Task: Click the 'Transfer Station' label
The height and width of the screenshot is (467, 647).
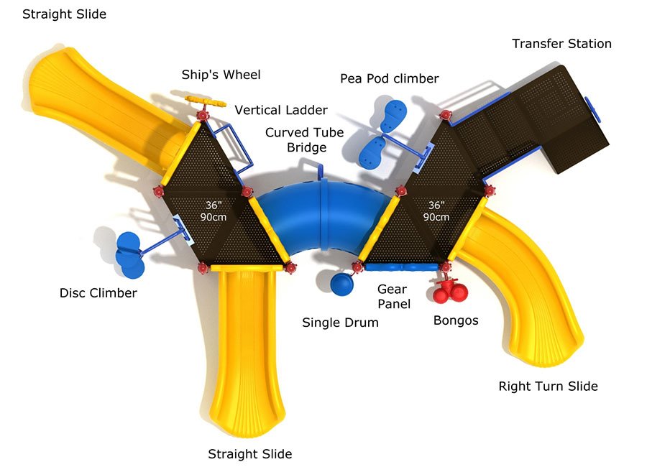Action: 561,44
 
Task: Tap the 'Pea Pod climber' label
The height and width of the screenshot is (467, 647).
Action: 389,78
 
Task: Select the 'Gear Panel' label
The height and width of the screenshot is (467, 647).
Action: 393,296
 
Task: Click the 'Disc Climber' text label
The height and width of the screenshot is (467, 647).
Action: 98,293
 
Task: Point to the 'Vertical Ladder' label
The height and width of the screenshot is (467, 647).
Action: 281,110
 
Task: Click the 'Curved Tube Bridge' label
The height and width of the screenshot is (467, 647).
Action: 305,140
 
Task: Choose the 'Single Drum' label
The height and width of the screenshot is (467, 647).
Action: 340,323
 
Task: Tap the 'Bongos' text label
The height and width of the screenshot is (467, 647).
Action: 455,320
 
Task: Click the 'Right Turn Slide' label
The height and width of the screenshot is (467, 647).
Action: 548,387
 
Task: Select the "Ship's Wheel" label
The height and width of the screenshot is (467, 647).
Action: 221,75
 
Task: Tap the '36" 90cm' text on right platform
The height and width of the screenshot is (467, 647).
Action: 436,211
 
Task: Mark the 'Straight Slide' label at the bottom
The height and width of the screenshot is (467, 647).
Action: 250,454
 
